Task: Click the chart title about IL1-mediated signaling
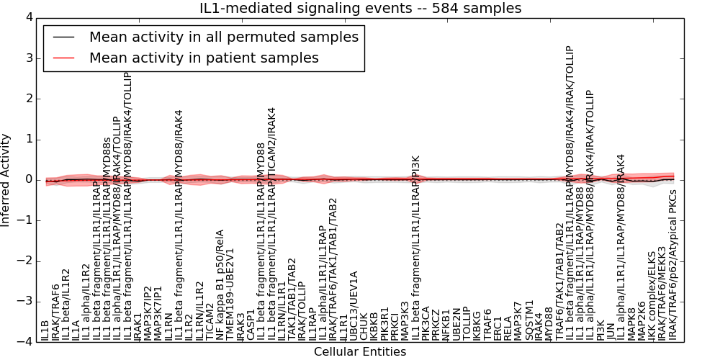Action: point(360,9)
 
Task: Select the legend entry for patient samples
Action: point(204,58)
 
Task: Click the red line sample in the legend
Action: point(62,58)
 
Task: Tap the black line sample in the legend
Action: point(62,37)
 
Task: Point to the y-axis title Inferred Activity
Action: point(6,179)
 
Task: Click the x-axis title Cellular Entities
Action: point(360,351)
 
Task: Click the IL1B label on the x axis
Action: point(45,325)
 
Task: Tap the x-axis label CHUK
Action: point(364,326)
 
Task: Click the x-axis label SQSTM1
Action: point(529,319)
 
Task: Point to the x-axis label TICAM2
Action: point(210,321)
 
